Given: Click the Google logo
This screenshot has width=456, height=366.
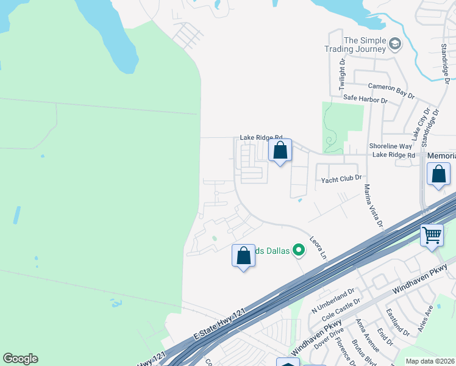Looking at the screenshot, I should [x=20, y=359].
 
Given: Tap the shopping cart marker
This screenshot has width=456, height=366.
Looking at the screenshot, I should [x=432, y=235].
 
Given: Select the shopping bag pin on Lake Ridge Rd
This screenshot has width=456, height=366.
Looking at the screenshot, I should [x=280, y=150].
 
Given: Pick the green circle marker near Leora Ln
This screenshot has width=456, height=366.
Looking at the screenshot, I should [x=299, y=249].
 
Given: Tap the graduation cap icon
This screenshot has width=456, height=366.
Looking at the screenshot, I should [x=395, y=43].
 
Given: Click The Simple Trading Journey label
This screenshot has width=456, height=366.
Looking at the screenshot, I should [x=365, y=45].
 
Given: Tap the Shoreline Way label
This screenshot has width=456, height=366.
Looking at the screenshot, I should [x=390, y=146].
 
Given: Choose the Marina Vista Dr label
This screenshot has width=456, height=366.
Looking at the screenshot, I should [x=372, y=206].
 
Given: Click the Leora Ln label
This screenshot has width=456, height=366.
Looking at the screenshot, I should [x=318, y=246].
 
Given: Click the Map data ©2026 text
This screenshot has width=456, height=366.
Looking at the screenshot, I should [x=430, y=361].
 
